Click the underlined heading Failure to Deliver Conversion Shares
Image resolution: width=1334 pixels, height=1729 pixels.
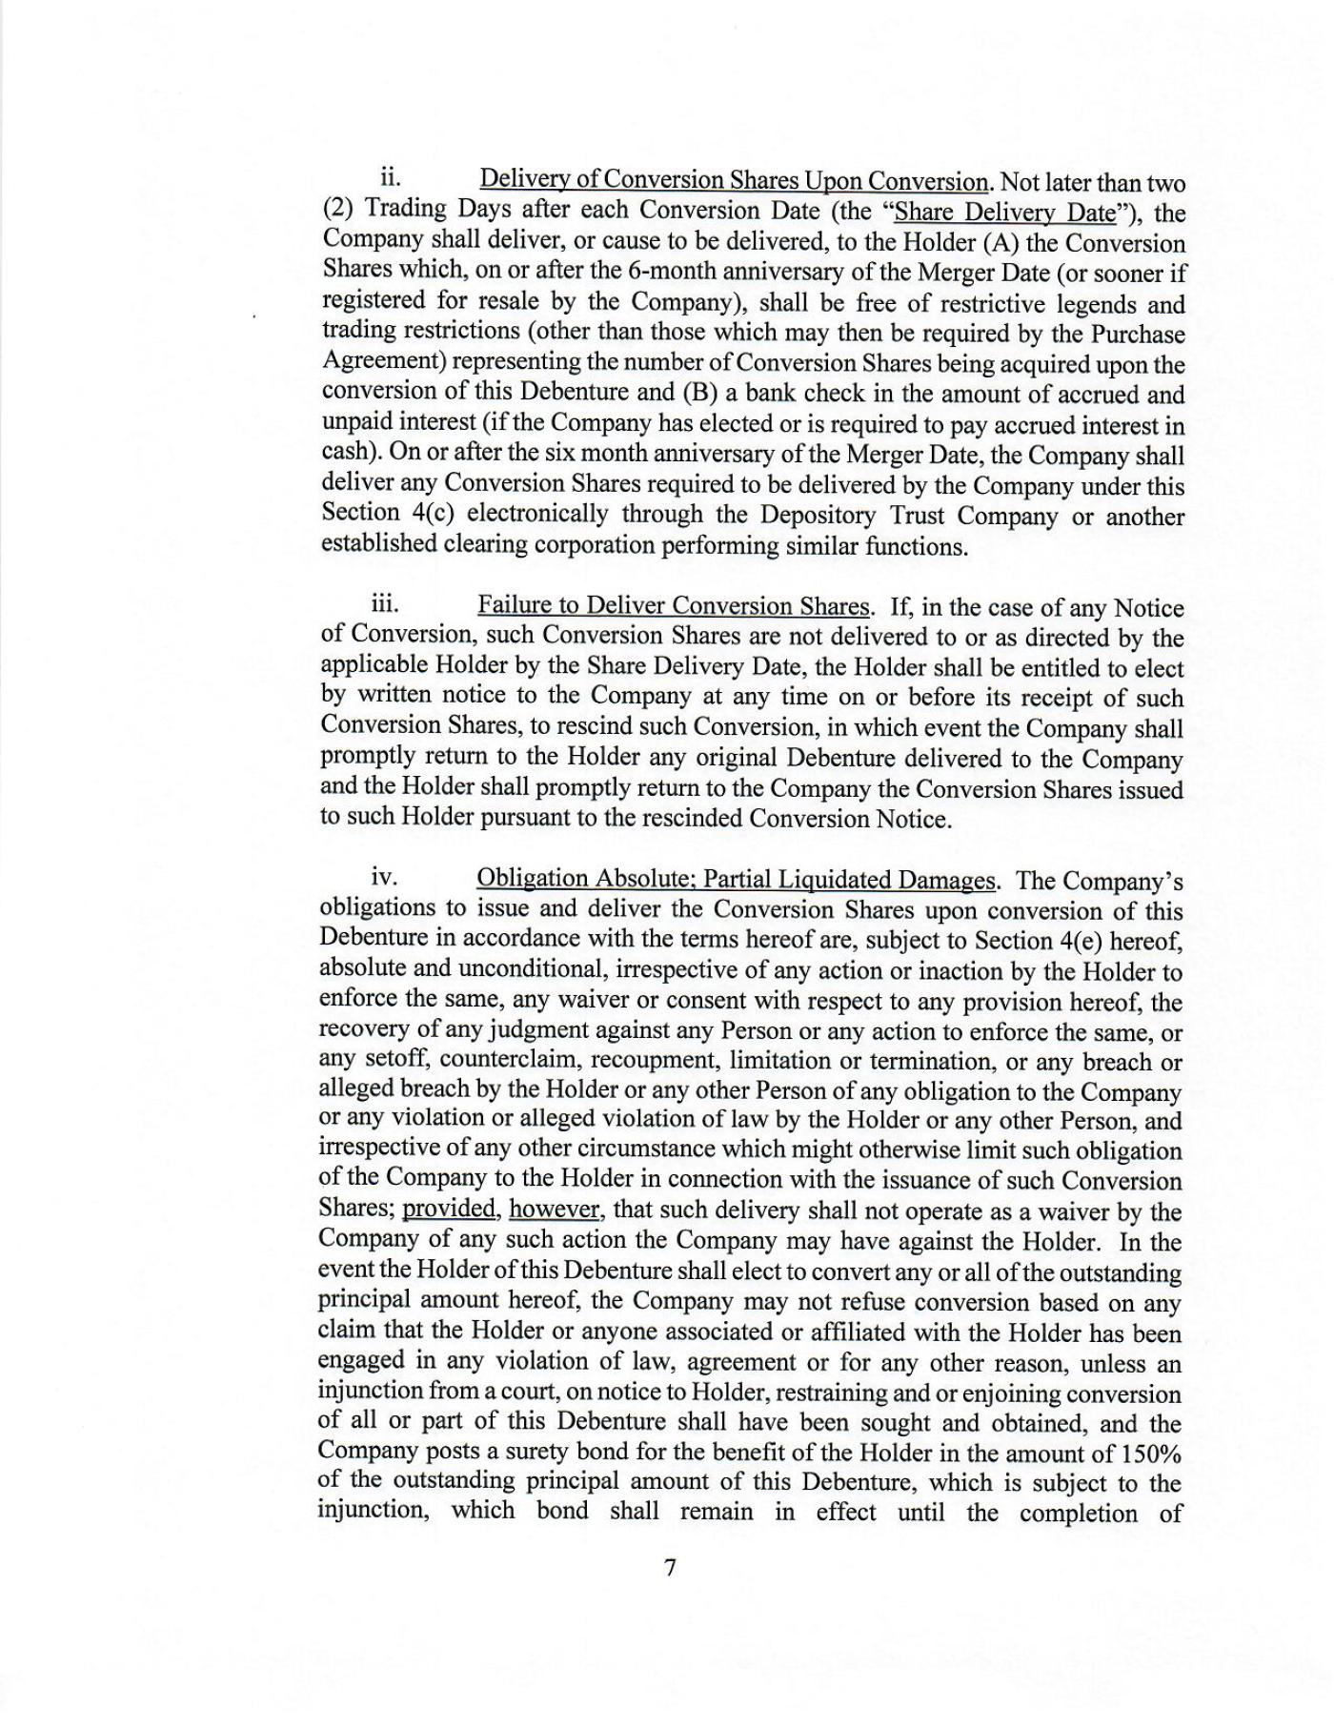[674, 606]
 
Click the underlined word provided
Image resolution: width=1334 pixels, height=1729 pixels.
[450, 1210]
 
